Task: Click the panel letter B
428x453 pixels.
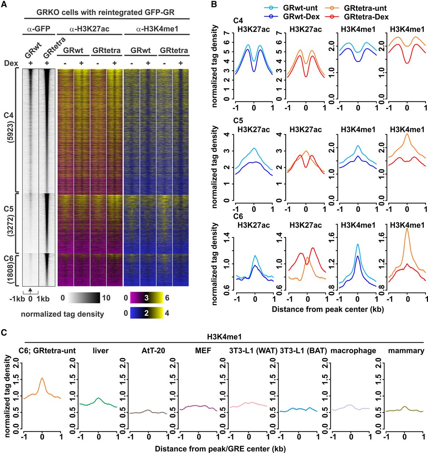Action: (214, 5)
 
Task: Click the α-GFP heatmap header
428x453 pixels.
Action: (39, 29)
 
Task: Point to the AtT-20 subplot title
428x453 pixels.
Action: (149, 351)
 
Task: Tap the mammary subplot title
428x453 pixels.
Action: (406, 351)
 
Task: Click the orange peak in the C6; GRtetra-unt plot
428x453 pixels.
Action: (42, 378)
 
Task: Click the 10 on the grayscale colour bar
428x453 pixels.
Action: (106, 298)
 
